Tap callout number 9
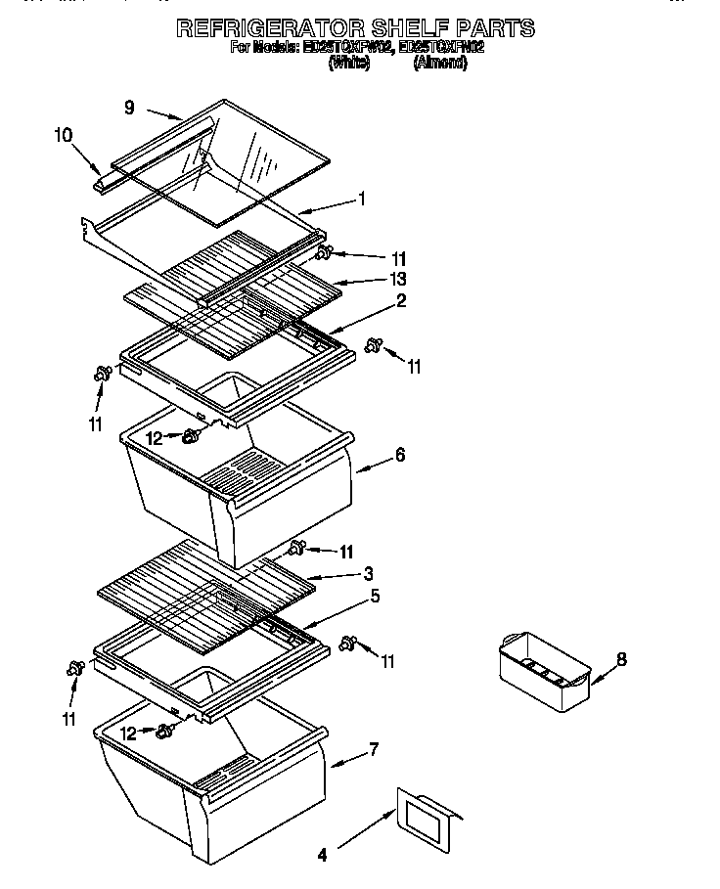click(x=129, y=109)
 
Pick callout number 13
click(x=397, y=280)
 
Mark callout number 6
click(x=399, y=456)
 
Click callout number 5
click(x=375, y=595)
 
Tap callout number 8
click(x=621, y=660)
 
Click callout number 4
click(x=322, y=856)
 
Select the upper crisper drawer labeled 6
click(x=235, y=489)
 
